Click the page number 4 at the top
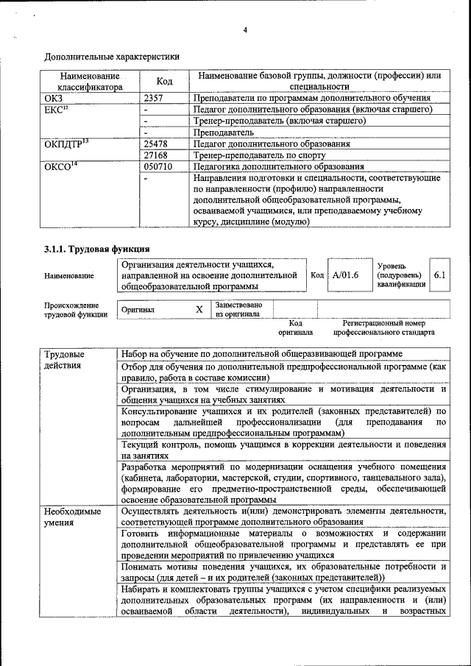pos(245,30)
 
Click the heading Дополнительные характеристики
pos(111,56)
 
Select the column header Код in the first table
pos(165,81)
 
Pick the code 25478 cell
pos(157,144)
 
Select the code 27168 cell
pos(157,156)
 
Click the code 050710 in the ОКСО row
pos(159,168)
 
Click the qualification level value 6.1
pos(440,275)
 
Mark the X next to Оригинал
pos(199,310)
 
